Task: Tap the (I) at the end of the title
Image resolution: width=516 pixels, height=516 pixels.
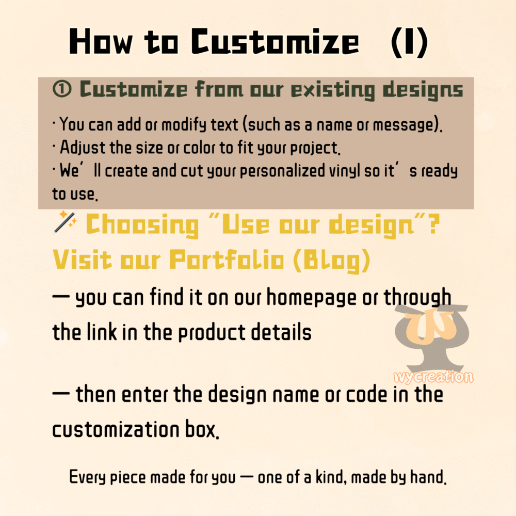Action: pyautogui.click(x=409, y=42)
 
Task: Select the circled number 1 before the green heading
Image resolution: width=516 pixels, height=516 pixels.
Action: pyautogui.click(x=62, y=90)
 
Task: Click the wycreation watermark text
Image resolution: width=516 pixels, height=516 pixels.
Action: pyautogui.click(x=433, y=377)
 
